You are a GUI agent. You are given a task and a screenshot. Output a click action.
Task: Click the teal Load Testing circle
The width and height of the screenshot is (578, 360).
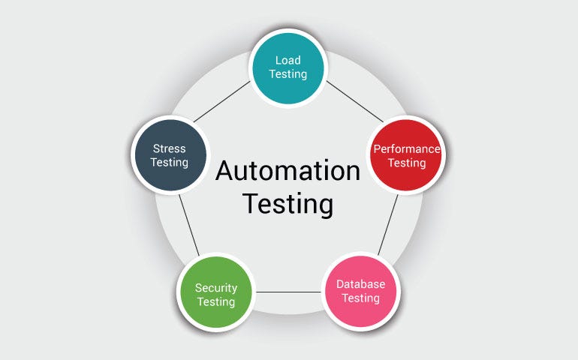289,66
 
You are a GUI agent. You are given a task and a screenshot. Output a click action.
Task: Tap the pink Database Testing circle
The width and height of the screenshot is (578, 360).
361,291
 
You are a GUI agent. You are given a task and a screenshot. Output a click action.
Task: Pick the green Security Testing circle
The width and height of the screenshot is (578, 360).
216,295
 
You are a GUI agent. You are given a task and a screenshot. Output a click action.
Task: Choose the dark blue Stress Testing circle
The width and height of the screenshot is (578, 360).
170,155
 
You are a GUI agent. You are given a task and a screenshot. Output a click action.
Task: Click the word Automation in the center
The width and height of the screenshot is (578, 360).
288,171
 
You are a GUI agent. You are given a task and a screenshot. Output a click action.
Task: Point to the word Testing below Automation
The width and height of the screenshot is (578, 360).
288,203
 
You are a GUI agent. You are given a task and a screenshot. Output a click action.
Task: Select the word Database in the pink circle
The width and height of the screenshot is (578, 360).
361,284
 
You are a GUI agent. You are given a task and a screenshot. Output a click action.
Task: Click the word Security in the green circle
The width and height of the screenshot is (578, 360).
216,288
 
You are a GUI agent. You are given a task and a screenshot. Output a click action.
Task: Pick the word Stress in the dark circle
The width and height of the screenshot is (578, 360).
169,148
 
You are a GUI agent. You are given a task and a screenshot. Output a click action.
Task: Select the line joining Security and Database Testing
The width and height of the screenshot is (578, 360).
288,291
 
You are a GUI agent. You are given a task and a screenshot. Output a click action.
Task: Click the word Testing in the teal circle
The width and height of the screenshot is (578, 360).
289,73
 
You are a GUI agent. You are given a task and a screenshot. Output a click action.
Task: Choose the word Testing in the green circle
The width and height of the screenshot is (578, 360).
216,302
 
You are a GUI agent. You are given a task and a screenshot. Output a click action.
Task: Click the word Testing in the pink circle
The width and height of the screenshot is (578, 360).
361,298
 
